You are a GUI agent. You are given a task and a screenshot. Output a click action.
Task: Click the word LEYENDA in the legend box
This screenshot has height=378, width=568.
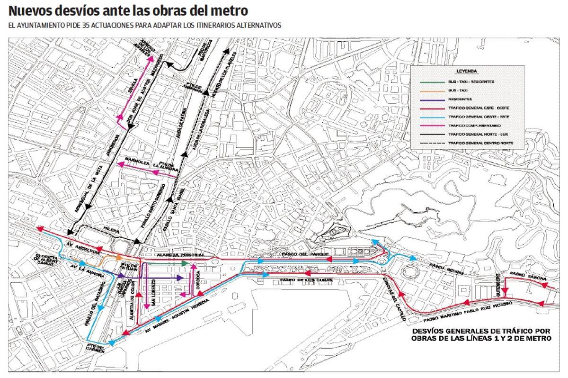point(466,71)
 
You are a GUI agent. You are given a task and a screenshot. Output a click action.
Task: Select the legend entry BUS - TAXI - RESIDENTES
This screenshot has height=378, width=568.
point(471,82)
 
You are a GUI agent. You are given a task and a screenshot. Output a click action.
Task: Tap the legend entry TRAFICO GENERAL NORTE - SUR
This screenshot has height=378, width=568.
point(477,134)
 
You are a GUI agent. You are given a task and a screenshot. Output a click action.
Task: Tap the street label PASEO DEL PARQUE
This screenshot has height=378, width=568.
point(301,255)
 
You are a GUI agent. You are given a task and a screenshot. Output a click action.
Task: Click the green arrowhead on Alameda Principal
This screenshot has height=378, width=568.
point(185,263)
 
